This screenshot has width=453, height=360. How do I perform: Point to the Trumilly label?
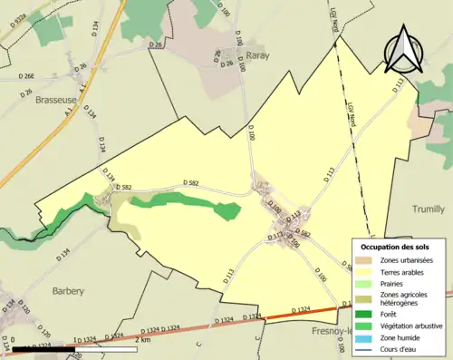(x=429, y=208)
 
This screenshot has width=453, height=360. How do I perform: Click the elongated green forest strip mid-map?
(x=181, y=201)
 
